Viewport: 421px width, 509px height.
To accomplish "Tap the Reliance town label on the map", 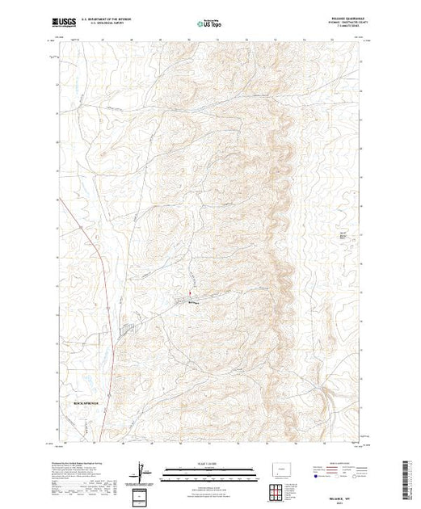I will [x=192, y=302].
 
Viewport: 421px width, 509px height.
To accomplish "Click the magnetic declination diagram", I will [x=143, y=471].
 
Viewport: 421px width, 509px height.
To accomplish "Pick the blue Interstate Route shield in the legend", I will [x=314, y=478].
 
